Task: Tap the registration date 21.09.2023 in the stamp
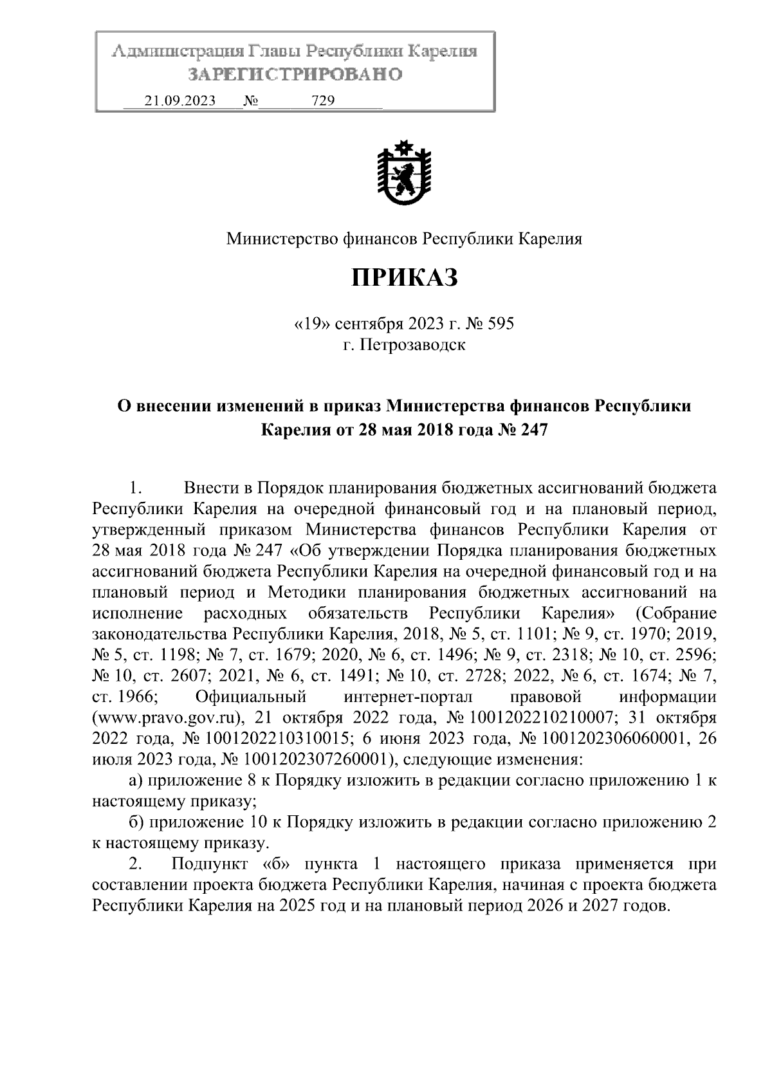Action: [x=179, y=101]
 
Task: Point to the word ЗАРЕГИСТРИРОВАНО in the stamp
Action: [x=295, y=75]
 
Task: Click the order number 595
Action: [x=501, y=324]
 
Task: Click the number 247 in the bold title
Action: [x=531, y=429]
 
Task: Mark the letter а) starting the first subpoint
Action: [x=135, y=781]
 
